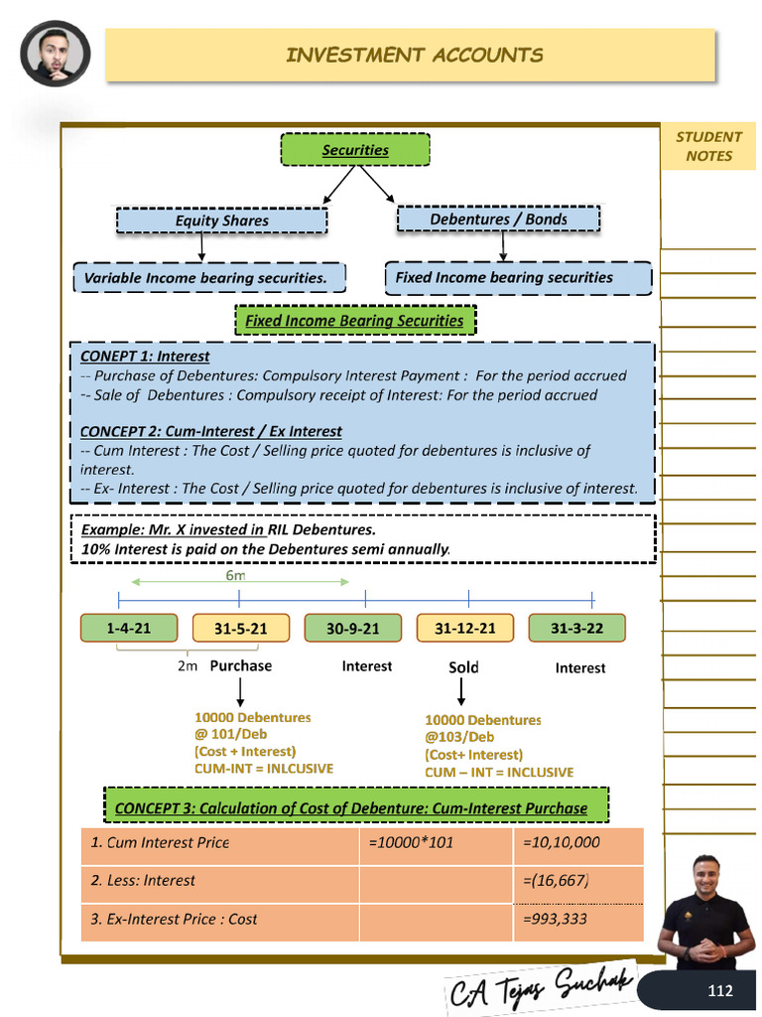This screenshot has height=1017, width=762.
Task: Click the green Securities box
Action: pyautogui.click(x=355, y=150)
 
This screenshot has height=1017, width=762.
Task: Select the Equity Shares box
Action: pyautogui.click(x=221, y=220)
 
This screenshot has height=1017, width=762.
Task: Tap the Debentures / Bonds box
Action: pyautogui.click(x=498, y=219)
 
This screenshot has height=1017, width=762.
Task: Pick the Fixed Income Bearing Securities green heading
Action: pyautogui.click(x=354, y=321)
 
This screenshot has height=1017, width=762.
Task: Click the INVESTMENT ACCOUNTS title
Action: pyautogui.click(x=414, y=55)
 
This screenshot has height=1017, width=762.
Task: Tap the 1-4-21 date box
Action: pyautogui.click(x=129, y=628)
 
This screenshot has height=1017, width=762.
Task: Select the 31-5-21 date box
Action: pyautogui.click(x=239, y=629)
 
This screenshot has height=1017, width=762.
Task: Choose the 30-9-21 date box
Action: pyautogui.click(x=353, y=629)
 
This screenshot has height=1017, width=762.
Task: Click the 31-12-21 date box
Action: pyautogui.click(x=464, y=629)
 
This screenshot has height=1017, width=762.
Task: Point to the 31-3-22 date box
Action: pyautogui.click(x=576, y=629)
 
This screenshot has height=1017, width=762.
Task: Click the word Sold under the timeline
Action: pyautogui.click(x=463, y=667)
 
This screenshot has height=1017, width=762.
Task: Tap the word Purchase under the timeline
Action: pyautogui.click(x=240, y=665)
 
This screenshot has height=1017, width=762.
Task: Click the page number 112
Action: pyautogui.click(x=719, y=990)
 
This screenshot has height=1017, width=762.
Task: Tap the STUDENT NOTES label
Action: pyautogui.click(x=708, y=146)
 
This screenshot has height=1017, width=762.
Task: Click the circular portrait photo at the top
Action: pyautogui.click(x=56, y=54)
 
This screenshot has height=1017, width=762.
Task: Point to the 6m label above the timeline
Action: pyautogui.click(x=236, y=574)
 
